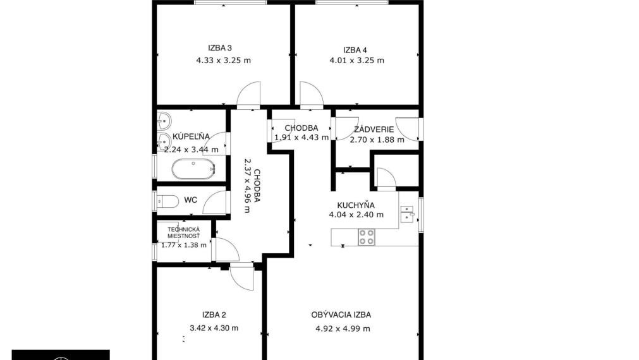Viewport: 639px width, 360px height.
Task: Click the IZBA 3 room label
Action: [220, 48]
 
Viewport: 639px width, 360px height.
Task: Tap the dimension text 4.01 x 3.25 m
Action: [356, 60]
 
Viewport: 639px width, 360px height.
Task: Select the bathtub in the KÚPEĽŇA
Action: [193, 169]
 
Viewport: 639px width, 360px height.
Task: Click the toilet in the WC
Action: [167, 201]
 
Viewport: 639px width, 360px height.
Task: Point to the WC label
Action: [191, 200]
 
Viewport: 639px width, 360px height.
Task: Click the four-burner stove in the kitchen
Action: [367, 237]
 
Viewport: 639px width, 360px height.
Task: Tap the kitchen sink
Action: [407, 214]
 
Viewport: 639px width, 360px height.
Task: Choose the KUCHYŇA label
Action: [356, 205]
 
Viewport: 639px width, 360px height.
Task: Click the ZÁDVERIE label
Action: [374, 129]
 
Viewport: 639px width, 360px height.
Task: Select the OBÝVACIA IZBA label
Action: [341, 315]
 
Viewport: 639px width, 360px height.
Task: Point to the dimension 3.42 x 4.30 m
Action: [214, 328]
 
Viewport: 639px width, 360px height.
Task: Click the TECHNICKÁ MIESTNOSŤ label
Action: [184, 233]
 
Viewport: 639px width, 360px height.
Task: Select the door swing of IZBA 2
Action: [241, 279]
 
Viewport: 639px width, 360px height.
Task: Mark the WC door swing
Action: [214, 202]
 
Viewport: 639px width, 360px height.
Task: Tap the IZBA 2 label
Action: [214, 315]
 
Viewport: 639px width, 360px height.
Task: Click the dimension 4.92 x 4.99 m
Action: [343, 328]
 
